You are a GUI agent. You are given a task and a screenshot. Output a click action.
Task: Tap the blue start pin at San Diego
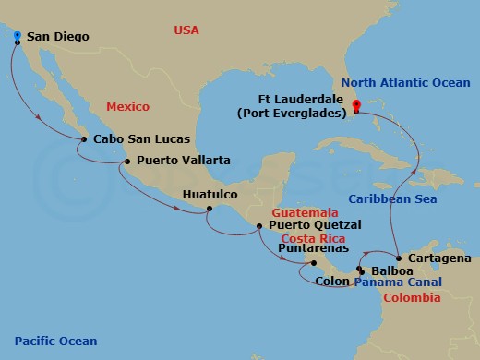(18, 36)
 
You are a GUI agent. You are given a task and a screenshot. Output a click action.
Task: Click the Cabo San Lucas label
(142, 139)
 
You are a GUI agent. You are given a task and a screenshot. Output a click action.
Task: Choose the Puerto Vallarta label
(183, 161)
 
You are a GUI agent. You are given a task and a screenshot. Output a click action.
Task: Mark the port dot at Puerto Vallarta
(127, 162)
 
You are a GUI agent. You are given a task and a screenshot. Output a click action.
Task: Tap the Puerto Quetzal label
(315, 224)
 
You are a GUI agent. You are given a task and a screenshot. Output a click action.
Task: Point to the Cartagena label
(438, 258)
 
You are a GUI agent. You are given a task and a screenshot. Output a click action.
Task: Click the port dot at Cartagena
(397, 258)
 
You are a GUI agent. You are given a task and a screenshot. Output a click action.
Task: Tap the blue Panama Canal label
(398, 282)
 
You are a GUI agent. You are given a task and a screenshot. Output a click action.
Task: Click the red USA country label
(187, 31)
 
